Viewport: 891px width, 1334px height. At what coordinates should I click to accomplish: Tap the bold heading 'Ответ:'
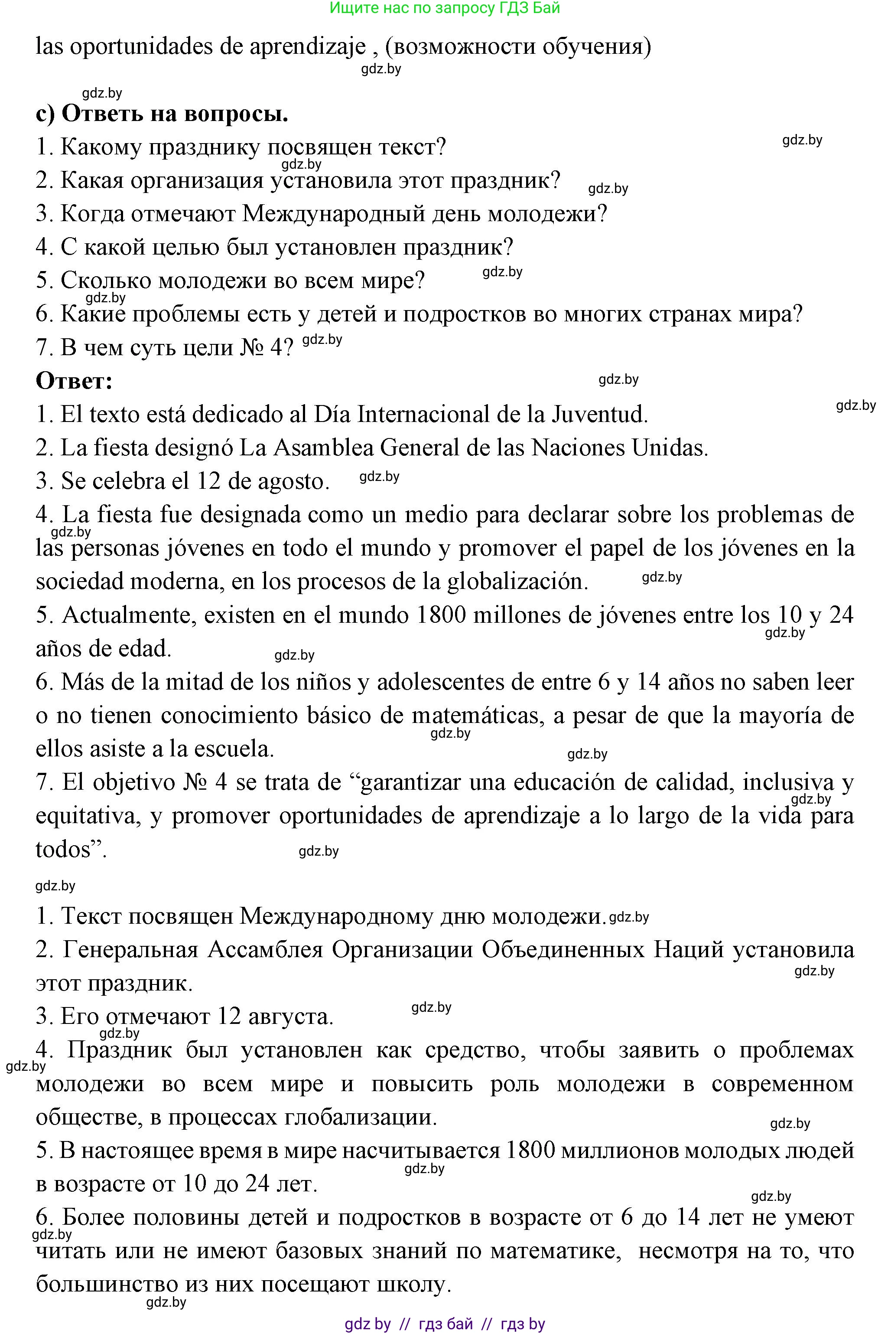click(x=74, y=380)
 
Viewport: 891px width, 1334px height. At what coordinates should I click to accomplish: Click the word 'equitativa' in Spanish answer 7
click(x=88, y=816)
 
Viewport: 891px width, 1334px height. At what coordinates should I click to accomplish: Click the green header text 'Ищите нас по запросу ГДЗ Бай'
click(x=445, y=7)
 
